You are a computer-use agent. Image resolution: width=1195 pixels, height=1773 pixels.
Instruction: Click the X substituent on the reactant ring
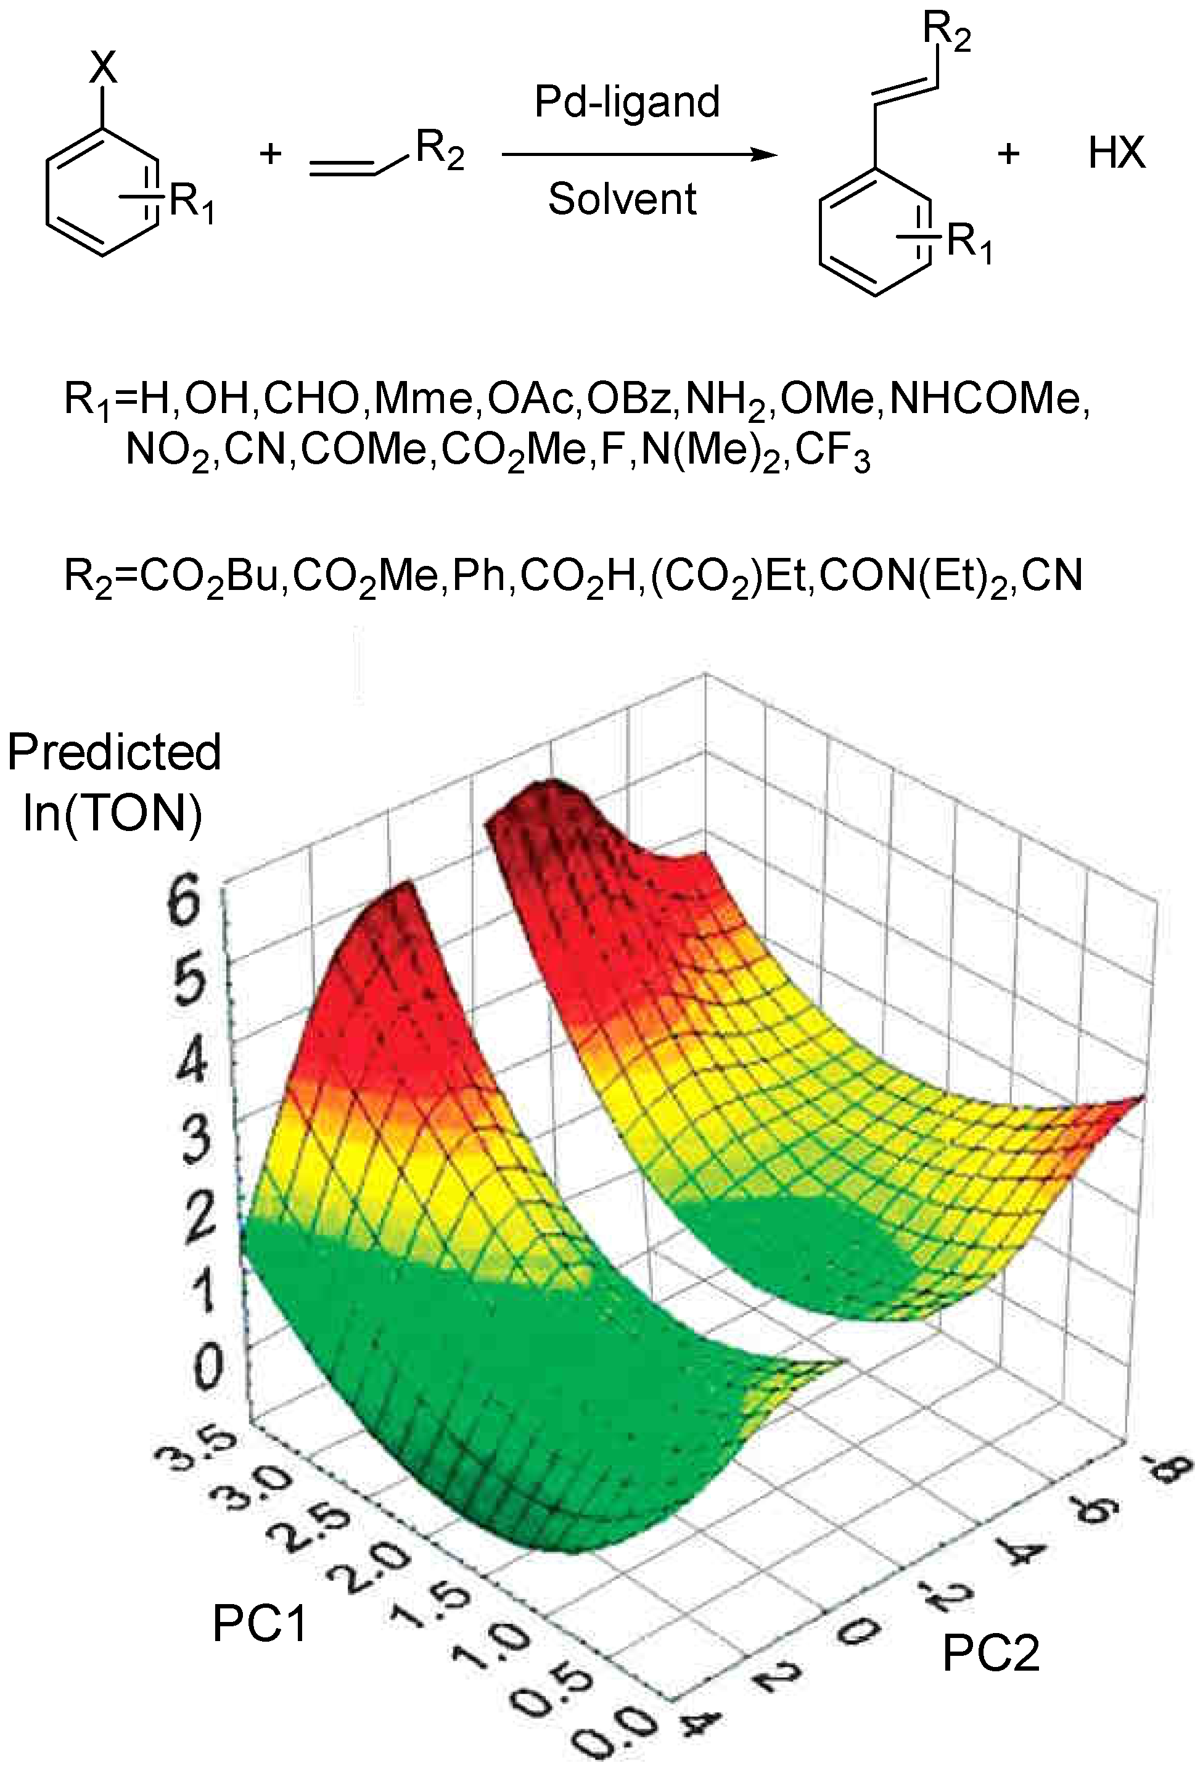coord(104,69)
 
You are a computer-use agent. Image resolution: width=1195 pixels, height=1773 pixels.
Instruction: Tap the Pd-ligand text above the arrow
coord(626,102)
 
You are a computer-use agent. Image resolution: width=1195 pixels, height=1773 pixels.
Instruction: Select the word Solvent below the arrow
coord(622,200)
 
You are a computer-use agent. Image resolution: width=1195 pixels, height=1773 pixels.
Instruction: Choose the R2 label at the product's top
coord(946,31)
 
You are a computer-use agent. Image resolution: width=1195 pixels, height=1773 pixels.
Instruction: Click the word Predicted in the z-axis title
coord(114,753)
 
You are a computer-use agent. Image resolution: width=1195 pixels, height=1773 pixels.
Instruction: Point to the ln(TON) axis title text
coord(113,813)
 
